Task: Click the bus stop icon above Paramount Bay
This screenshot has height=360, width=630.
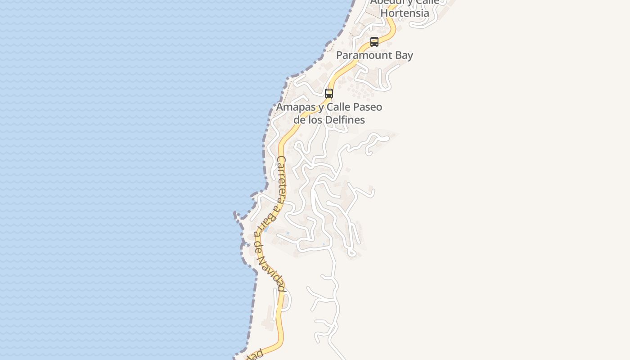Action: (374, 42)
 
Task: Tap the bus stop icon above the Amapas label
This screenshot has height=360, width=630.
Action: (329, 94)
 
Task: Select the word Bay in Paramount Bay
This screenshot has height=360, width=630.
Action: (404, 55)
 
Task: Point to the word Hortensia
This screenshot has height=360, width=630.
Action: (405, 13)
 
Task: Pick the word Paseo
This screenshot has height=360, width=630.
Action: (365, 107)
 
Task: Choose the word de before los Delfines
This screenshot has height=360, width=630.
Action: (299, 120)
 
